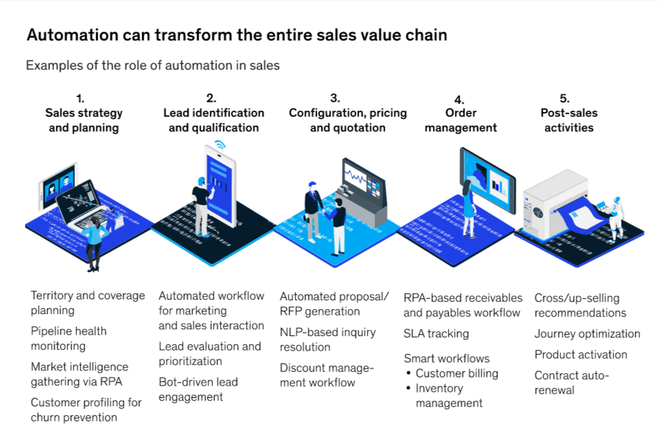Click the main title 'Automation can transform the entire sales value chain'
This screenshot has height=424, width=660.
[236, 35]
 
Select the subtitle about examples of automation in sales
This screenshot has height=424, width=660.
[152, 66]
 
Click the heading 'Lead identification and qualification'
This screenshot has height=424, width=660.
[214, 120]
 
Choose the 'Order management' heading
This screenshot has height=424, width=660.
[461, 120]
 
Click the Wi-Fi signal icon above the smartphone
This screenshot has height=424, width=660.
[220, 145]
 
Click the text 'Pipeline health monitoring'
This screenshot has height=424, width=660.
[69, 338]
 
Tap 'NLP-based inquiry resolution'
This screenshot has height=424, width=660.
[328, 339]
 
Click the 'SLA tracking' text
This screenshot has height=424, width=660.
[436, 333]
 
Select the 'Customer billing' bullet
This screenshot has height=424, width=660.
[457, 373]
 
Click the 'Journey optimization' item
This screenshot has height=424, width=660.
[587, 333]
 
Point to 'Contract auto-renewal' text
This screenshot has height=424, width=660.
[571, 382]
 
